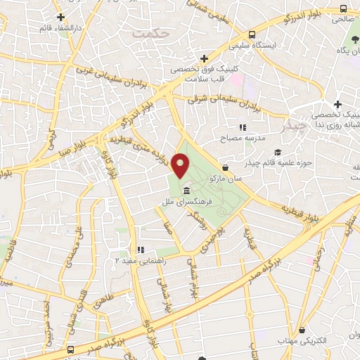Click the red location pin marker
pos(181,167)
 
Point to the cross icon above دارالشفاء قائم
pos(60,17)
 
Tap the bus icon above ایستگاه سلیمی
pos(252,34)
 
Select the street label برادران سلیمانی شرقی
pos(224,103)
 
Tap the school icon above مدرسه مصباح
pos(242,127)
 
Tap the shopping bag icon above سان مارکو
pos(225,168)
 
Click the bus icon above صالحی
pos(342,8)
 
